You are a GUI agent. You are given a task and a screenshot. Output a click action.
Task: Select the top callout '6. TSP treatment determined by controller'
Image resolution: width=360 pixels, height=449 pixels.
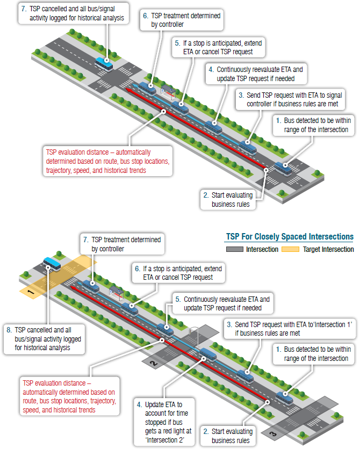[x=182, y=20]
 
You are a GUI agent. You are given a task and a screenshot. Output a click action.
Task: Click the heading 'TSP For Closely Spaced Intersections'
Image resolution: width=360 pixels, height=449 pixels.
[x=289, y=236]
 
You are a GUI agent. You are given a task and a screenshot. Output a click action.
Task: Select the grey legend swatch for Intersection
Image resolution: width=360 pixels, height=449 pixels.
[x=234, y=249]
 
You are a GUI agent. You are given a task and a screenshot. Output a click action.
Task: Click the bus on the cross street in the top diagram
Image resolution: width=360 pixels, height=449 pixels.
[x=104, y=63]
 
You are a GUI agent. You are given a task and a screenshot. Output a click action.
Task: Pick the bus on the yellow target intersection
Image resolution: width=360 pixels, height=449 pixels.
[x=52, y=263]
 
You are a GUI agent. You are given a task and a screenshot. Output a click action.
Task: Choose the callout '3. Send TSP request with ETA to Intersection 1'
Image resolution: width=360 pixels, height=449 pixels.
[x=290, y=328]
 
